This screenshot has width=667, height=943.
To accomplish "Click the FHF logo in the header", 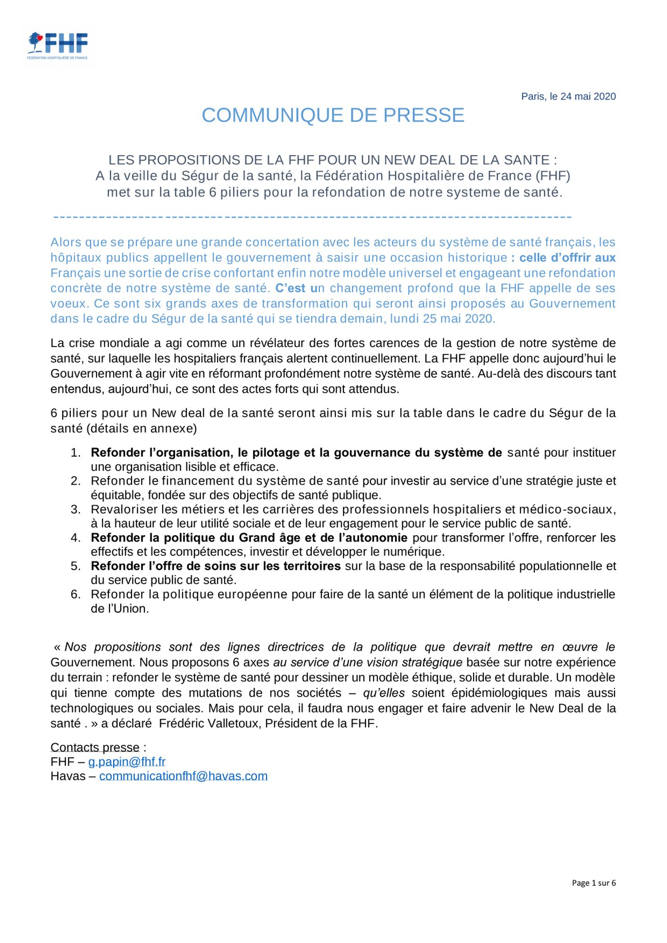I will coord(58,45).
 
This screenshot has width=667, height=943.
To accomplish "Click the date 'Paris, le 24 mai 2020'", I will coord(568,97).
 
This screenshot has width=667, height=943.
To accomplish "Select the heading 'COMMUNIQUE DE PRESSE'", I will coord(333,116).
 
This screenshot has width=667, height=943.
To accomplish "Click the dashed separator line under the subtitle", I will coord(312,217).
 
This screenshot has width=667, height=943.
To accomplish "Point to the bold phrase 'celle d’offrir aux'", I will coord(567,258).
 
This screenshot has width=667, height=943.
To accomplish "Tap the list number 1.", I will coord(75,453).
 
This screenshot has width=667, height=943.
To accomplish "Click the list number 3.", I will coord(75,510).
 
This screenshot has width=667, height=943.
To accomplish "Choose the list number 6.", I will coord(75,595).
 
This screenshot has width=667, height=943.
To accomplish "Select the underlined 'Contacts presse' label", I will coord(95,748).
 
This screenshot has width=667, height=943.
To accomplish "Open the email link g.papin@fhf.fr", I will coord(127,762).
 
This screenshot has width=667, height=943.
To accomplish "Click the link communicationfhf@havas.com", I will coord(183,776).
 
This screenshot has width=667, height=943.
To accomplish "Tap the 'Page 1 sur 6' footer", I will coord(593,883).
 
